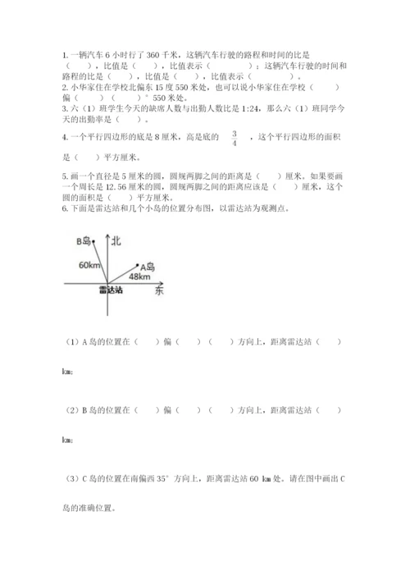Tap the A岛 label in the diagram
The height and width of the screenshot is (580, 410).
point(148,267)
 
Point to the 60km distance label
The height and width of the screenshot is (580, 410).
point(90,266)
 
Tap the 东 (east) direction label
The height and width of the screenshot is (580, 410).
point(158,293)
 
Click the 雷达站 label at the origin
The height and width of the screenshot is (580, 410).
point(107,290)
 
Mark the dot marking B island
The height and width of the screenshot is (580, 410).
point(95,240)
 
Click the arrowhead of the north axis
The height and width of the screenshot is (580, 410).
point(107,236)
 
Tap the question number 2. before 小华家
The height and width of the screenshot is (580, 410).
point(64,85)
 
